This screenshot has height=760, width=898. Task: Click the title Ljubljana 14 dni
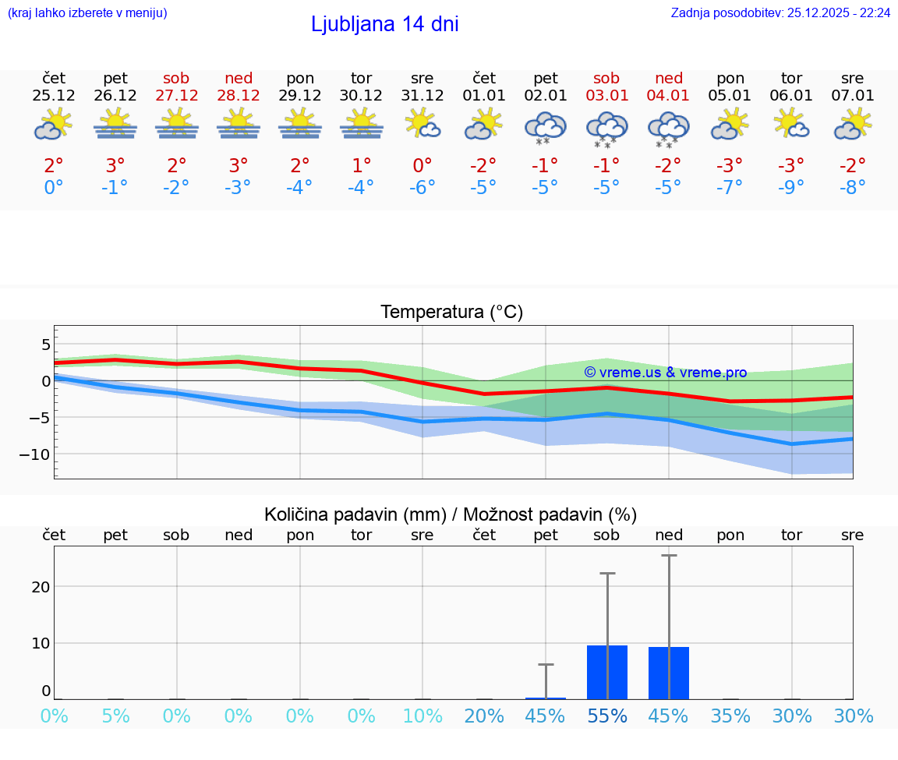point(384,24)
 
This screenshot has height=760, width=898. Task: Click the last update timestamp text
point(780,12)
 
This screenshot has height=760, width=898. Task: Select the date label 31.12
point(422,96)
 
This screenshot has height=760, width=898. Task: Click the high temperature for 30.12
point(361,165)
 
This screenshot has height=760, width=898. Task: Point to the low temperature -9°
point(791,188)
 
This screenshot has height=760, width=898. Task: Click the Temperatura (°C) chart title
point(451,313)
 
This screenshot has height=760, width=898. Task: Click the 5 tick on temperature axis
point(46,345)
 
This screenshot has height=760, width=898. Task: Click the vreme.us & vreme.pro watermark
point(665,373)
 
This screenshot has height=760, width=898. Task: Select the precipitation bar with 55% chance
point(607,672)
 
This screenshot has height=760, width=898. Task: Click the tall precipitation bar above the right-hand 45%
point(669,673)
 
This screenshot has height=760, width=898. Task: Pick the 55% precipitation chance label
point(606,716)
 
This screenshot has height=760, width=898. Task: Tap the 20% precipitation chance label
point(484,716)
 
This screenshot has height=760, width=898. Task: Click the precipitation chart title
point(451,514)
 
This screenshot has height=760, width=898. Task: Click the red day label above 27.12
point(176,78)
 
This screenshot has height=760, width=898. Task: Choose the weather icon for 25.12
point(53,125)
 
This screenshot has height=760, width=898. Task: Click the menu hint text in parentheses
point(87,12)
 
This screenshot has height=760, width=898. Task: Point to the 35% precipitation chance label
point(730,716)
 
